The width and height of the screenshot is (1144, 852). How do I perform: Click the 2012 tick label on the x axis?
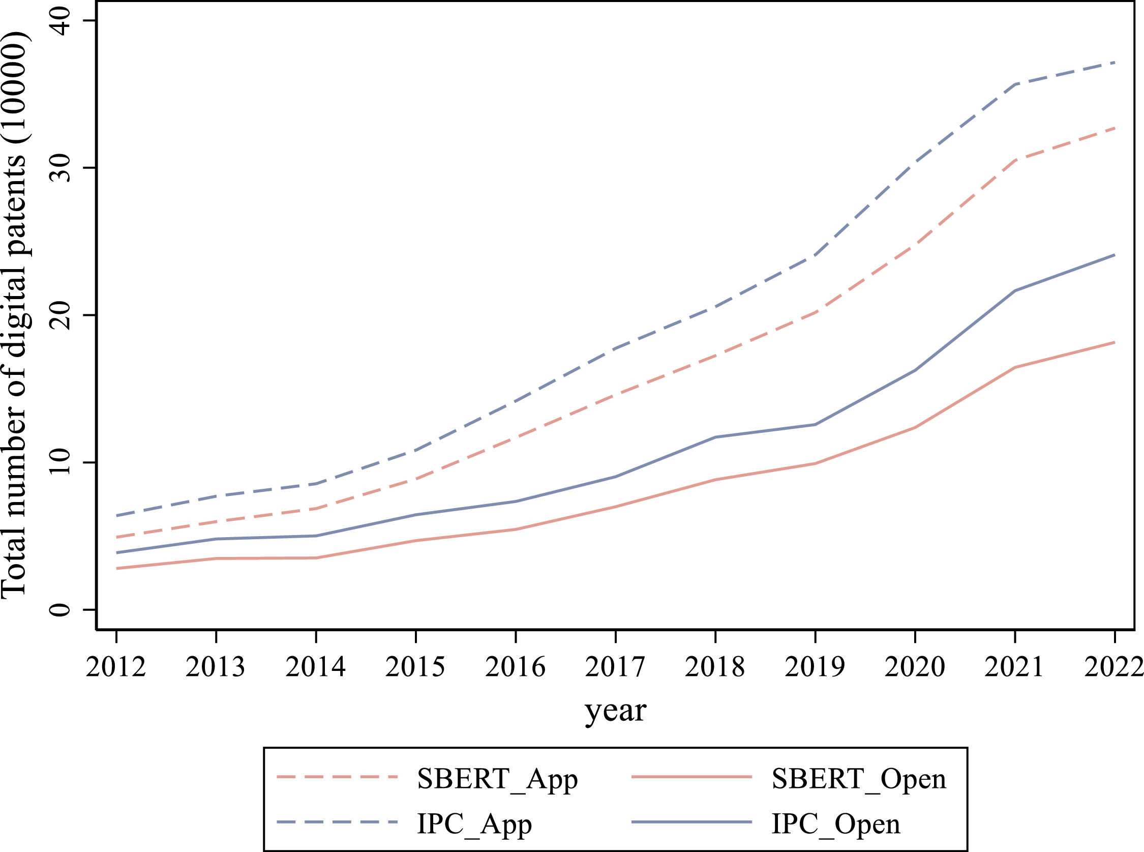coord(116,667)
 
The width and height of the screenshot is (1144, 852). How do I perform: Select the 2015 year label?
coord(415,667)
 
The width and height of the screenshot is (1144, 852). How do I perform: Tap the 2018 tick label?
coord(715,667)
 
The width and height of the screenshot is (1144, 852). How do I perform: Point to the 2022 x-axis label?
coord(1113,667)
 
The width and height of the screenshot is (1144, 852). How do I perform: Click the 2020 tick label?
coord(915,667)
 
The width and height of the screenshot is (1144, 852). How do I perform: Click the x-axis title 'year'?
coord(615,712)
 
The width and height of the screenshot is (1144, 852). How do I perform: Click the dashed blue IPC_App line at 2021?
coord(1014,84)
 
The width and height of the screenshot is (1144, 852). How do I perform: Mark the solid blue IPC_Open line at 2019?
coord(815,424)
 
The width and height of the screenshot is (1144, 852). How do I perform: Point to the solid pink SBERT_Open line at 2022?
coord(1113,342)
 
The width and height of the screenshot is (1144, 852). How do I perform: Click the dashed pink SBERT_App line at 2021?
coord(1014,160)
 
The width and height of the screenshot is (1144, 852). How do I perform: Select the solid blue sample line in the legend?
coord(691,822)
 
